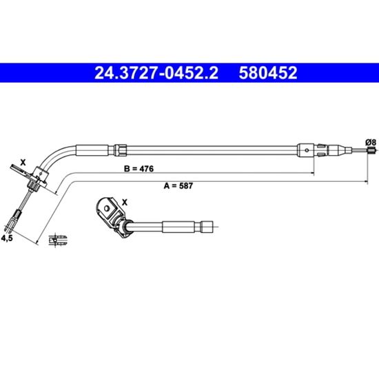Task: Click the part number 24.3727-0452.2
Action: (156, 73)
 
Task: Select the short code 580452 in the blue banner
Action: (268, 73)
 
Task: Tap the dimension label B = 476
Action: (139, 168)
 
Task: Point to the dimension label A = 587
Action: (178, 185)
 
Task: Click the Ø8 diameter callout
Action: (371, 143)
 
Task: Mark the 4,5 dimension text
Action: (7, 238)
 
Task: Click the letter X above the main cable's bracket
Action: (23, 162)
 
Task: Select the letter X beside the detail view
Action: (125, 203)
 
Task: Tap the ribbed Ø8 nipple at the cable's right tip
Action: (371, 150)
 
